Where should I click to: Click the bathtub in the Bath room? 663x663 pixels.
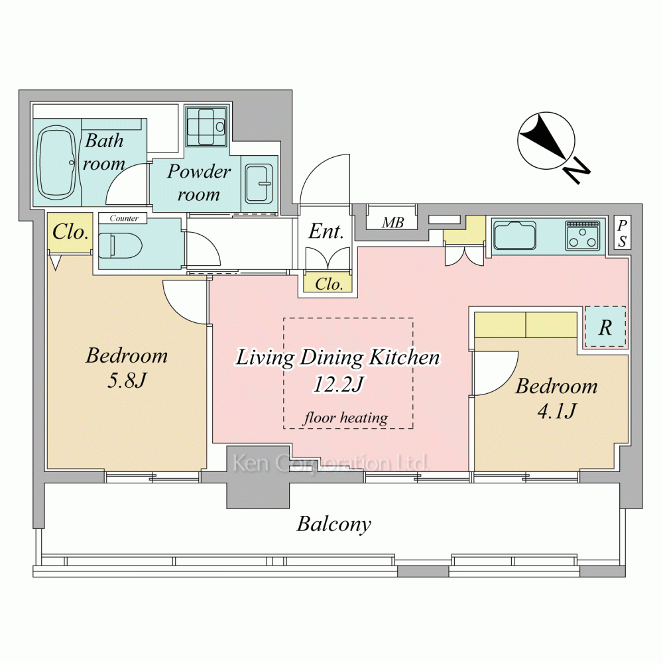[56, 162]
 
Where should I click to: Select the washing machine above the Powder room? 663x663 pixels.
[206, 126]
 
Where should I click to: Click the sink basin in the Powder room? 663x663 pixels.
[259, 184]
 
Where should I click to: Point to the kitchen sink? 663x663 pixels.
[515, 236]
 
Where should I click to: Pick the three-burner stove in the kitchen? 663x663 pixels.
[582, 235]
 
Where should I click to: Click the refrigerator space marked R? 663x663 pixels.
[605, 327]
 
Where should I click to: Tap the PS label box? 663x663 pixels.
[622, 233]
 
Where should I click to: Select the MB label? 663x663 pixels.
[392, 222]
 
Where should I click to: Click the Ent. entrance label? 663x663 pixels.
[326, 231]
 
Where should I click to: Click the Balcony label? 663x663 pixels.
[333, 524]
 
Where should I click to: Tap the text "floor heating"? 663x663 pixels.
[345, 418]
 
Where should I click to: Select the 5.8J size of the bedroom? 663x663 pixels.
[127, 380]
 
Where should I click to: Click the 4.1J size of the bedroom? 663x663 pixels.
[556, 410]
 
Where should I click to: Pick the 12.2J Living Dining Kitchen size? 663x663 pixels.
[338, 384]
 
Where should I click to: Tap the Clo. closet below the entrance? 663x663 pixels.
[328, 283]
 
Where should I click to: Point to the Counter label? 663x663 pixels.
[123, 218]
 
